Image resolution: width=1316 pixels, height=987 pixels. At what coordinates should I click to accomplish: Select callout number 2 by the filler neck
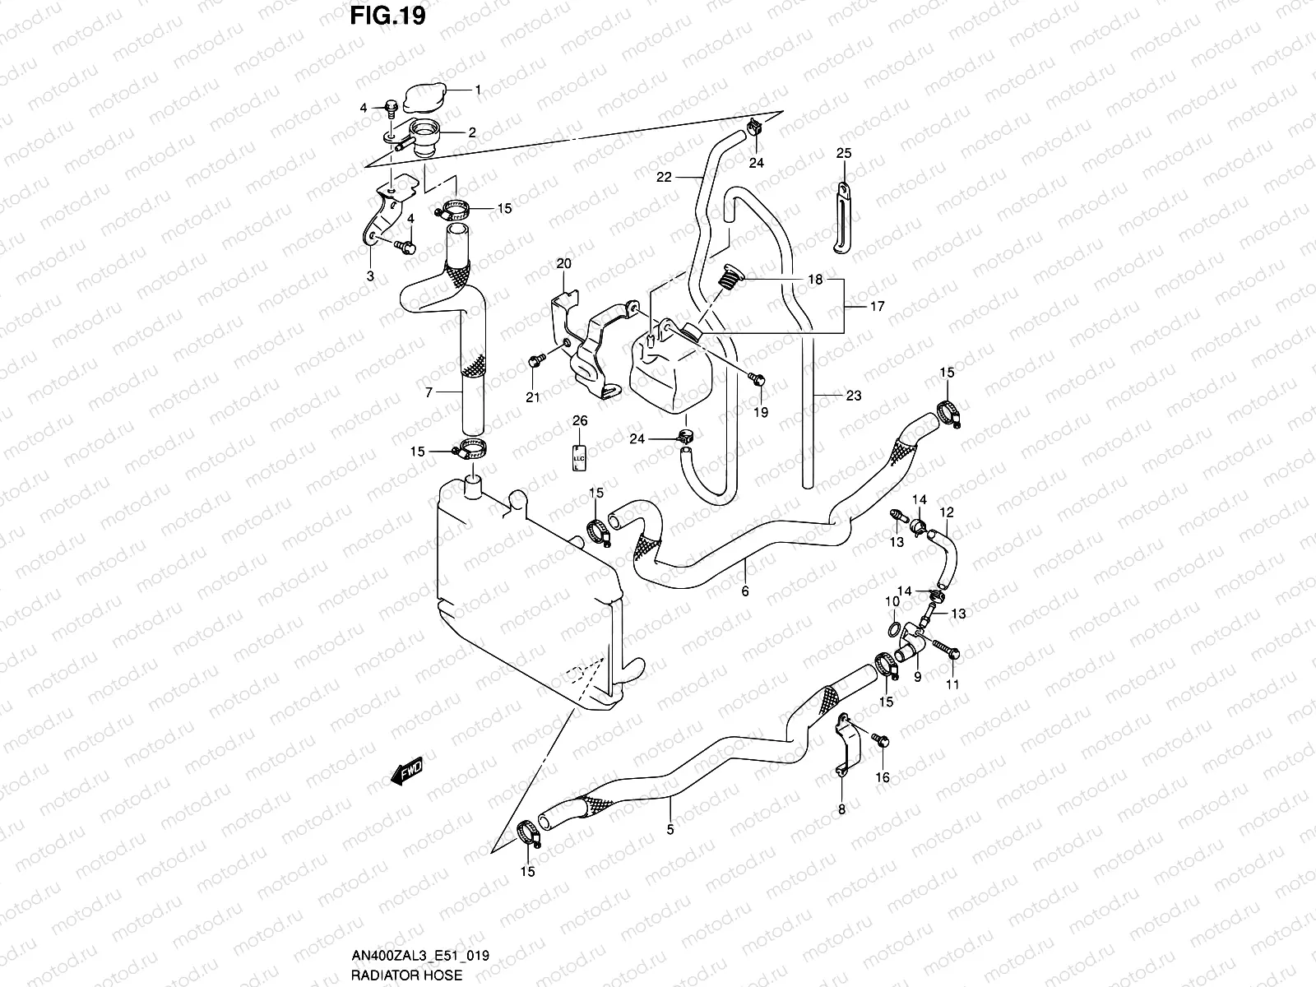coord(471,132)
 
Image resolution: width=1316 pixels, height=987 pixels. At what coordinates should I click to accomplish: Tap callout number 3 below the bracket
coord(370,276)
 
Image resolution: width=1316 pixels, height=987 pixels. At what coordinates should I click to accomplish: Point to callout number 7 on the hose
coord(429,393)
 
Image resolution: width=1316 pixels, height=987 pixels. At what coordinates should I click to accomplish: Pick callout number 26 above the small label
coord(580,420)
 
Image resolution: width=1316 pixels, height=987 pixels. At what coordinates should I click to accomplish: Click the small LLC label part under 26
coord(578,457)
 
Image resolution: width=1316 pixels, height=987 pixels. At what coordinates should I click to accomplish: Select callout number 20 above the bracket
coord(563,264)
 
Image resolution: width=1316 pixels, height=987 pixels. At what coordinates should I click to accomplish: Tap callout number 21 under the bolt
coord(533,398)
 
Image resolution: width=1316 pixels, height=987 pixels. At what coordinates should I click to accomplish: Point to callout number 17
coord(876,306)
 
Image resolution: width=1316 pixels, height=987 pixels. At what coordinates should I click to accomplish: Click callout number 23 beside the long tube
coord(853,396)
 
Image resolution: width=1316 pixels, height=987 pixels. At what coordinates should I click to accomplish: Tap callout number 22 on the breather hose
coord(664,177)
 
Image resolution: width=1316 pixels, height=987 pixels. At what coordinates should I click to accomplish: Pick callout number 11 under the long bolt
coord(952,684)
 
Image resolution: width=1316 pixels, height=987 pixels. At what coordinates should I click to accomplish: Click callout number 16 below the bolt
coord(883,777)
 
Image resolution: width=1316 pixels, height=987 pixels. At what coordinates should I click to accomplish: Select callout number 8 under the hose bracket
coord(841,810)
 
